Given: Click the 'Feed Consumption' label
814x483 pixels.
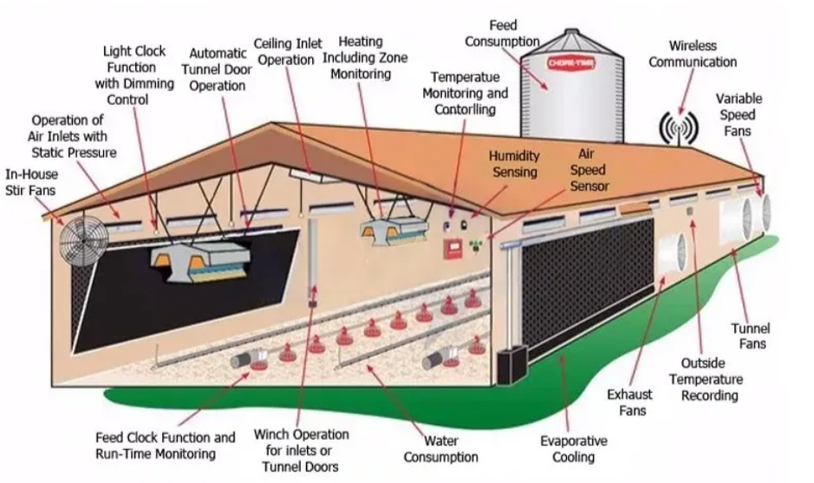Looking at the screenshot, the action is click(x=502, y=33).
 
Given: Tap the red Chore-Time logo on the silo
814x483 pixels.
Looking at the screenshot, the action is click(x=571, y=63).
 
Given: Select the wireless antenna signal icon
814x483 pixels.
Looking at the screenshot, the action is click(x=678, y=127).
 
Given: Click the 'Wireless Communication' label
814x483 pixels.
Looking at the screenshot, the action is click(x=693, y=54).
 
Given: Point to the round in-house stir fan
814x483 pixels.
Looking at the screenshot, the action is click(x=83, y=239).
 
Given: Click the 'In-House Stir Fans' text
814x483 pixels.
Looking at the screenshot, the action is click(x=31, y=182).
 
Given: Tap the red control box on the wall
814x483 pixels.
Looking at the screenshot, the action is click(x=453, y=249).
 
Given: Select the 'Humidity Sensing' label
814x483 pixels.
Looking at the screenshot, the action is click(x=514, y=164).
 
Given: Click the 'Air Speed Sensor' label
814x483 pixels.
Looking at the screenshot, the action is click(x=589, y=170).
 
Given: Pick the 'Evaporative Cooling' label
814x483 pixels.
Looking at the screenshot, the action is click(x=574, y=448).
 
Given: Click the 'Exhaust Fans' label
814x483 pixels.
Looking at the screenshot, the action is click(x=629, y=402).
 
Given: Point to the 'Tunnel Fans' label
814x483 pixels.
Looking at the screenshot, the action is click(x=752, y=336).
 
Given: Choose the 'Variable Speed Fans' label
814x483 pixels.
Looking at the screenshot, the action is click(x=739, y=114).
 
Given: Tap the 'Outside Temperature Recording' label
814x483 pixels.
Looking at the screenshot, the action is click(x=706, y=379).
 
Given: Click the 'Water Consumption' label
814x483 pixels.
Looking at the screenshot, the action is click(x=440, y=448).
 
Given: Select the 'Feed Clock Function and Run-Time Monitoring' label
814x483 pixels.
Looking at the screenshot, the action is click(x=165, y=446).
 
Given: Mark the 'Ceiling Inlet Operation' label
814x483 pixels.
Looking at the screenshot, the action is click(x=288, y=51).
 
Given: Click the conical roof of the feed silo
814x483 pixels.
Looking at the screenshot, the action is click(x=571, y=42).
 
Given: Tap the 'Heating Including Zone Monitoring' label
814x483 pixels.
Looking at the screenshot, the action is click(x=365, y=57).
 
